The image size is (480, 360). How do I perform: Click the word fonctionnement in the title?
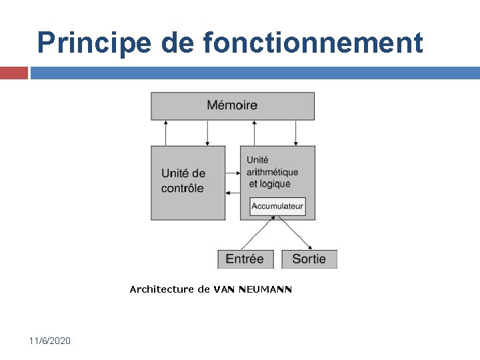[313, 43]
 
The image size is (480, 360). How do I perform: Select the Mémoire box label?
[232, 105]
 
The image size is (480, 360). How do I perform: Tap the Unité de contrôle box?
[188, 182]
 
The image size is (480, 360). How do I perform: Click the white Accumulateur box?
[277, 206]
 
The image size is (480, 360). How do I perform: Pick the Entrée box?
[245, 259]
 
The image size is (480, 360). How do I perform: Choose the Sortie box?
[309, 259]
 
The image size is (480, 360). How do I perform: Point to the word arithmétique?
[273, 172]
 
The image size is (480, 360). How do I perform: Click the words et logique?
[269, 184]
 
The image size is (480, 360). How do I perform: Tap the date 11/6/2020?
[49, 341]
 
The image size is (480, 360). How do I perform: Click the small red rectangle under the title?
[13, 73]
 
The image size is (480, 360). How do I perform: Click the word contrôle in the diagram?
[183, 189]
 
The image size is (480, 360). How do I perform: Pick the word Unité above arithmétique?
[257, 160]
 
